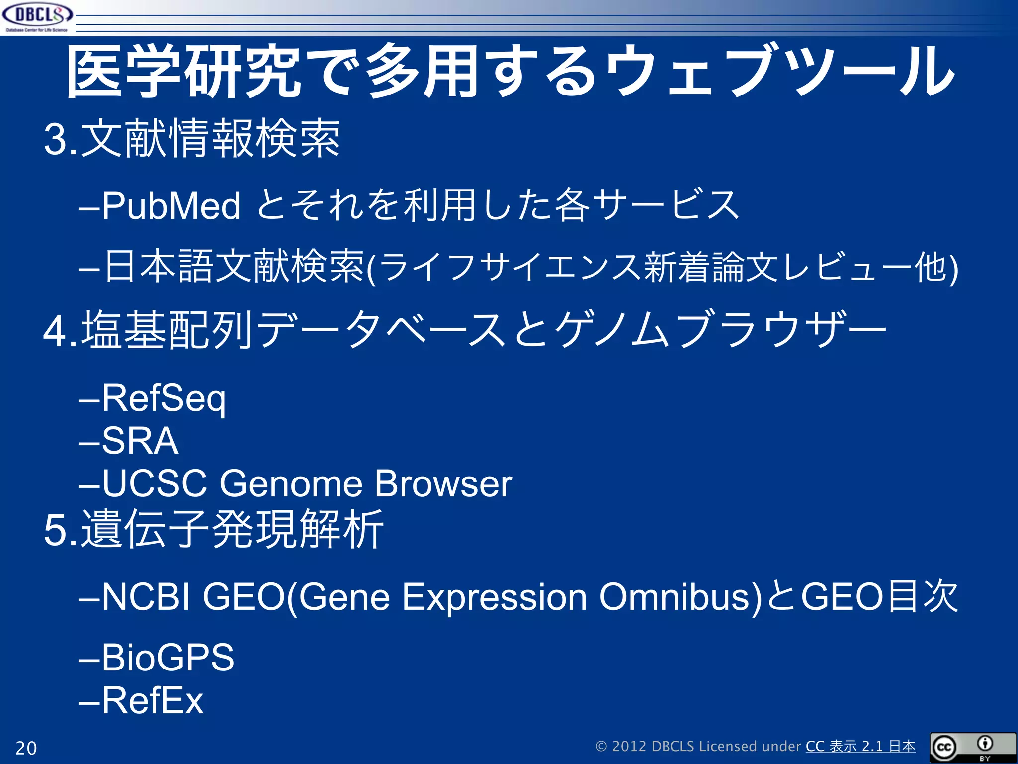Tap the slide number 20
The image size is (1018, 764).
26,748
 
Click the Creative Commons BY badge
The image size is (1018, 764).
972,747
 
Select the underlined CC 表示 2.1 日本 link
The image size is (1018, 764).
860,746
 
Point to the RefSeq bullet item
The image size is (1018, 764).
164,398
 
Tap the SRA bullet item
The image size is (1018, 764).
140,441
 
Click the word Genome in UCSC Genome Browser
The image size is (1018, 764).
291,483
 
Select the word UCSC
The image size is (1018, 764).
155,483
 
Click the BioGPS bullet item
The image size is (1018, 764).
168,657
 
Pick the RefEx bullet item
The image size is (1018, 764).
153,700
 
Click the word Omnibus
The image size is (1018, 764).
680,597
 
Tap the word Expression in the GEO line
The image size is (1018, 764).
494,597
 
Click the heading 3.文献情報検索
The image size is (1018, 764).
192,139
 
